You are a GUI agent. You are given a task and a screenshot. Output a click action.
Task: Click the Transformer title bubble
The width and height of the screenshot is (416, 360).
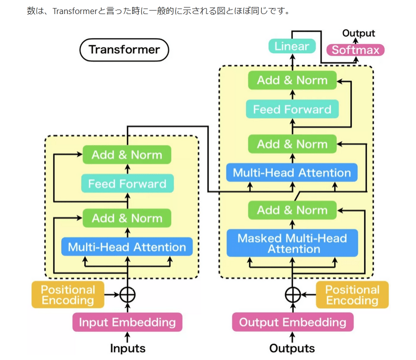pos(124,50)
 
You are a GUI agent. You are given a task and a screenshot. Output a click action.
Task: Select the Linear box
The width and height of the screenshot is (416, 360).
pos(292,47)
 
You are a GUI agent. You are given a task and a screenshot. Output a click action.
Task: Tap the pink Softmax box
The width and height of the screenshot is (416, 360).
pos(356,50)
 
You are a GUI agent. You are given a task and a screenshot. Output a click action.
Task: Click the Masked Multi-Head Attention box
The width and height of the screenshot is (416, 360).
pos(292,243)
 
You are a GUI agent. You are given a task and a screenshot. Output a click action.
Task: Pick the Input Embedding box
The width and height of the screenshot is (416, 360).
pos(127,322)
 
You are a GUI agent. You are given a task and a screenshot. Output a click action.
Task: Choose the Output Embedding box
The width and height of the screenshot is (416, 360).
pos(292,322)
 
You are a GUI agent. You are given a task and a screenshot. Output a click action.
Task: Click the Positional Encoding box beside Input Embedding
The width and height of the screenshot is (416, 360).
pos(68,295)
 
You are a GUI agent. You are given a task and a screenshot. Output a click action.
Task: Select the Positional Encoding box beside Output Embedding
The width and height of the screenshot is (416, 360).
pos(352,295)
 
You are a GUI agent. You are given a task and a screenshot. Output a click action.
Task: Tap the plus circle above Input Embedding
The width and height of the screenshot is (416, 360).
pos(127,294)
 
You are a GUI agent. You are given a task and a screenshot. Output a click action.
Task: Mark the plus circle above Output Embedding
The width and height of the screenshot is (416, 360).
pos(292,294)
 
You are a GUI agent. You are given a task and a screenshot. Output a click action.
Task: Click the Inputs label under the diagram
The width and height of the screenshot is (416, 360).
pos(128,348)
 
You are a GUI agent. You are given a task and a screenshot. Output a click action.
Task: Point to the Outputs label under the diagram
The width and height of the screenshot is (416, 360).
pos(292,348)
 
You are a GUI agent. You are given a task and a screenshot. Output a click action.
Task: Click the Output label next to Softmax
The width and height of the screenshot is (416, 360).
pos(359,33)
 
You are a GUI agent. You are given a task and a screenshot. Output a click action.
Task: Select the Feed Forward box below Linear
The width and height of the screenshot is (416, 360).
pos(292,109)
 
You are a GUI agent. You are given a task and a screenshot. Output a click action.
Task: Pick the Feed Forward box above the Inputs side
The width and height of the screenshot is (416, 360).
pos(127,184)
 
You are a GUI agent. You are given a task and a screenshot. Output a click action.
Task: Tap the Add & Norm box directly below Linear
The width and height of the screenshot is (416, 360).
pos(292,80)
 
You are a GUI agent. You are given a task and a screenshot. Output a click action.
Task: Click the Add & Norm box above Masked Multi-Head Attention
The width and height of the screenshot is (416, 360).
pos(292,210)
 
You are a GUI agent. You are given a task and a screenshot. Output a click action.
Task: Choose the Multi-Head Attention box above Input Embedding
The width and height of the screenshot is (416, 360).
pos(127,247)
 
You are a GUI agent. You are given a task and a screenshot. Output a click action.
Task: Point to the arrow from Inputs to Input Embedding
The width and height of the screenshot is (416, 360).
pos(127,336)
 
